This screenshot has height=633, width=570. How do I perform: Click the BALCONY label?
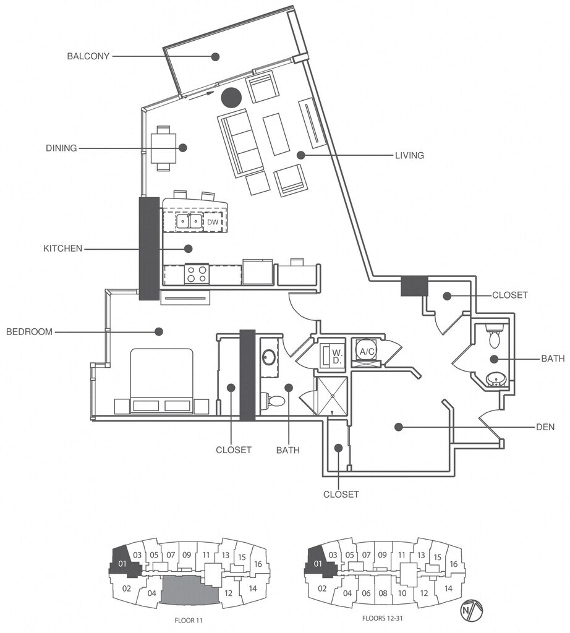coord(88,56)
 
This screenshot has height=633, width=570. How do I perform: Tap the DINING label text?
coord(61,148)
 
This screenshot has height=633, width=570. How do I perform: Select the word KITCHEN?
coord(62,249)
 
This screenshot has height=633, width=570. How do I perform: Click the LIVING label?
coord(409,155)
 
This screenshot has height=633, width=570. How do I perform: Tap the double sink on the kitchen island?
coord(189,220)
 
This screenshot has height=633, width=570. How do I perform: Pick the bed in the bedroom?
coord(161,380)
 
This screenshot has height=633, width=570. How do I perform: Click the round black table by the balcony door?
coord(231,96)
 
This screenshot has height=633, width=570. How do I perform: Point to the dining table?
coord(164,148)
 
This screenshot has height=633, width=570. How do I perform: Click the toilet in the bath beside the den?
coord(495,337)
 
